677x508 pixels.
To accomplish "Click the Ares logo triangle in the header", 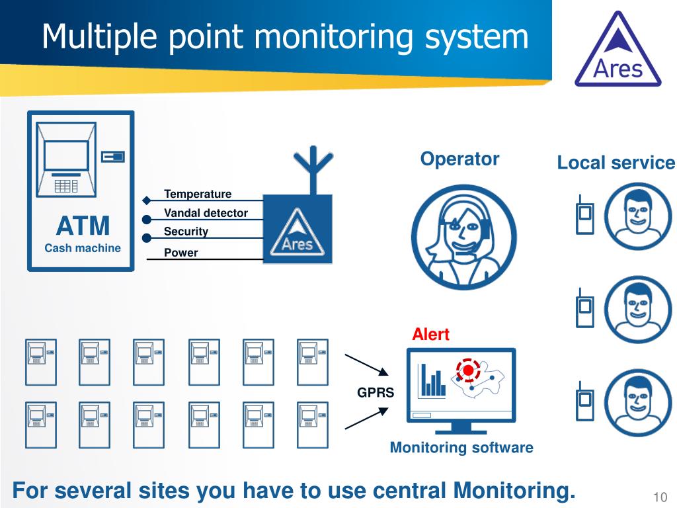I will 617,52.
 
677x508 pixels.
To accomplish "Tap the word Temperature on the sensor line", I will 198,194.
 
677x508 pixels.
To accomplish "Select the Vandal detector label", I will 206,213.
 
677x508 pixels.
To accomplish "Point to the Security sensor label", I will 186,232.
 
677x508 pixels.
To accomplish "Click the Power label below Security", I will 180,253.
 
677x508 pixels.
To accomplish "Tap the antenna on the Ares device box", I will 312,169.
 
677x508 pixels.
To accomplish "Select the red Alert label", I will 430,334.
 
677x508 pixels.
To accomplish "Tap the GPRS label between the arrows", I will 376,392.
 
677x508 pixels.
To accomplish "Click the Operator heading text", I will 459,159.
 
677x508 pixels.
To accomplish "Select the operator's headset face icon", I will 463,237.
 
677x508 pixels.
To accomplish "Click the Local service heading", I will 616,163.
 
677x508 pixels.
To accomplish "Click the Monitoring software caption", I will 461,448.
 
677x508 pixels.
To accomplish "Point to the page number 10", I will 659,497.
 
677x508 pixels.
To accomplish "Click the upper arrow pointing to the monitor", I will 366,365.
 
